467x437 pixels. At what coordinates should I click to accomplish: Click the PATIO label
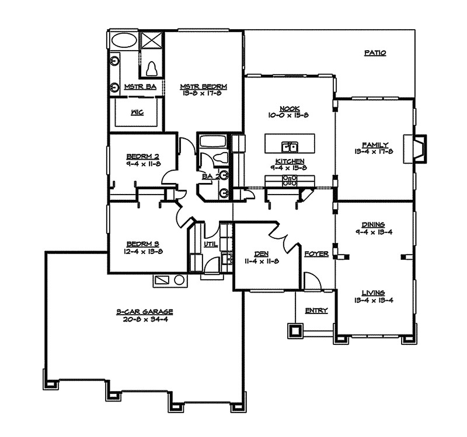pos(375,53)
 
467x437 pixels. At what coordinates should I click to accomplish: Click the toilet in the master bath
pos(152,69)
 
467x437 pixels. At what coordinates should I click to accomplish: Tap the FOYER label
pos(316,255)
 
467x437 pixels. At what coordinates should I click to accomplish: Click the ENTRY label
pos(316,311)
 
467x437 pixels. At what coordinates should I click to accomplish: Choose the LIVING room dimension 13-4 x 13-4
pos(374,301)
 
